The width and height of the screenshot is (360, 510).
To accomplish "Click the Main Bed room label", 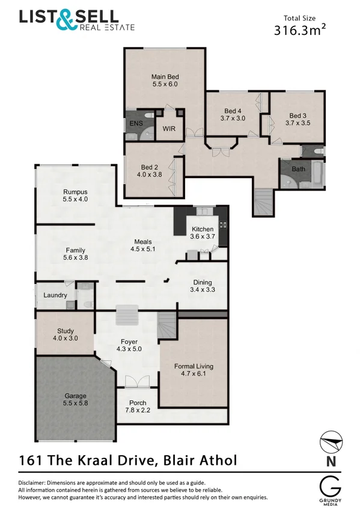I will (165, 76).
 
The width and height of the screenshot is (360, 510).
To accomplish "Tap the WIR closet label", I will (169, 129).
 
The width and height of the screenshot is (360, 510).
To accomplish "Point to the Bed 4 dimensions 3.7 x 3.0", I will (233, 118).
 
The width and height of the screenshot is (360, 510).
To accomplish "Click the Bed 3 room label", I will (297, 115).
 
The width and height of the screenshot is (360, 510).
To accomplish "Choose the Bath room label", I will (298, 169).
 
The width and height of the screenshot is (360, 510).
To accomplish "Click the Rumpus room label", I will (75, 192).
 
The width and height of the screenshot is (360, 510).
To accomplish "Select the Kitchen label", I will (203, 229).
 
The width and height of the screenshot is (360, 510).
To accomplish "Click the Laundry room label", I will (55, 295).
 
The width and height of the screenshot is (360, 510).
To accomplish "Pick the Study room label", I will (65, 331).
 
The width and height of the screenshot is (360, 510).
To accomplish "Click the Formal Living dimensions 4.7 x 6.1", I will (194, 373).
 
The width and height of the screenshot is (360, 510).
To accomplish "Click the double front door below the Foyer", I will (137, 382).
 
